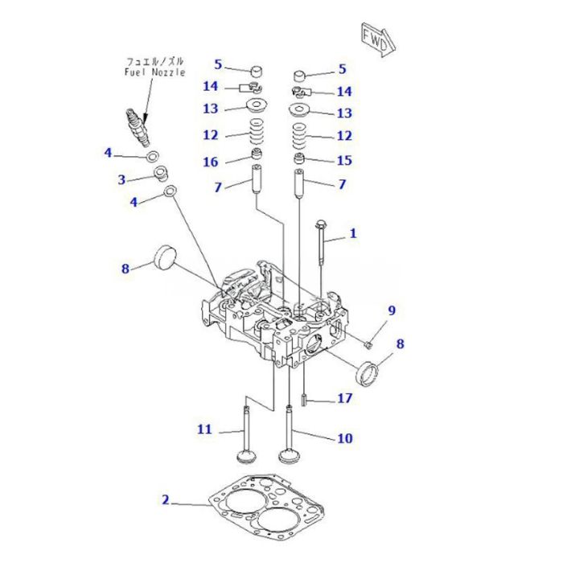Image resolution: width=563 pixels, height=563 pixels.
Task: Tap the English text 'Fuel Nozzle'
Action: pos(154,72)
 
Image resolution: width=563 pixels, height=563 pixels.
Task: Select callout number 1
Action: pos(352,234)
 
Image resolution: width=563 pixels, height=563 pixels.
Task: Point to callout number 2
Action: pos(165,500)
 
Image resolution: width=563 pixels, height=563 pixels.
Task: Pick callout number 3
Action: pos(121,179)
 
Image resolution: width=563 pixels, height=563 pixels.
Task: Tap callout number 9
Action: pos(392,310)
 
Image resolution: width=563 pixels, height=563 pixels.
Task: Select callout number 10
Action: pos(344,438)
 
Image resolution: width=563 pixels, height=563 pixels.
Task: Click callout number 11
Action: pos(204,429)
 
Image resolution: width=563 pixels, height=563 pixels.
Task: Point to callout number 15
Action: pos(343,161)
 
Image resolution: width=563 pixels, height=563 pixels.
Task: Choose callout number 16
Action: pos(210,162)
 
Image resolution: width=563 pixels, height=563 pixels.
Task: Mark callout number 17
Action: pos(343,397)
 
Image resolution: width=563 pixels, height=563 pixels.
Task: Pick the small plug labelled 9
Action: pos(367,345)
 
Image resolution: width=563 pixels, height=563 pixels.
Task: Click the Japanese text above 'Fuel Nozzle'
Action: pos(154,61)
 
